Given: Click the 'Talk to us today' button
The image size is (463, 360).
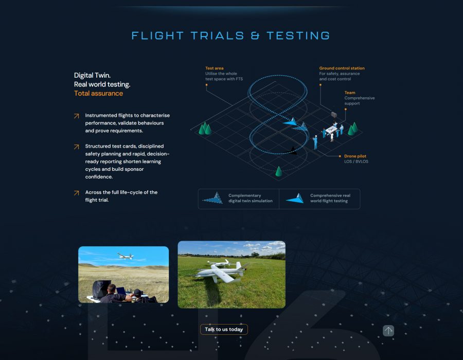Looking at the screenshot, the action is pyautogui.click(x=224, y=329).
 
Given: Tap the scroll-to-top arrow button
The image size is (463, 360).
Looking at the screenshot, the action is pyautogui.click(x=388, y=331).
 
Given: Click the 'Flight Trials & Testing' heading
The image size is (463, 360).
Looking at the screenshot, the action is pyautogui.click(x=230, y=35).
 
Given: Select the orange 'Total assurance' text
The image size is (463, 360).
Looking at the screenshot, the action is pyautogui.click(x=98, y=93).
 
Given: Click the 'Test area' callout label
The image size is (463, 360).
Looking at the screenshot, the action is pyautogui.click(x=215, y=68).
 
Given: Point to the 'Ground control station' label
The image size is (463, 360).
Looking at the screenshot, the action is pyautogui.click(x=342, y=68).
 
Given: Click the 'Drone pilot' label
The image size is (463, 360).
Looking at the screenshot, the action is pyautogui.click(x=355, y=156).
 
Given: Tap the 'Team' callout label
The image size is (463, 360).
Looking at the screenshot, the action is pyautogui.click(x=350, y=93).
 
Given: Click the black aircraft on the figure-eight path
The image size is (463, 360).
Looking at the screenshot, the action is pyautogui.click(x=291, y=151).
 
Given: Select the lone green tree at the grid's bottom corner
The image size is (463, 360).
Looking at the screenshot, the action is pyautogui.click(x=278, y=171).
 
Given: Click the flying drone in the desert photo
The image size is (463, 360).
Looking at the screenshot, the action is pyautogui.click(x=126, y=256).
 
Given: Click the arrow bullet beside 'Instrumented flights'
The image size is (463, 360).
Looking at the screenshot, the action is pyautogui.click(x=77, y=116).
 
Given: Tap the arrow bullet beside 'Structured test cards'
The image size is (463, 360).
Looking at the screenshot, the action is pyautogui.click(x=77, y=147).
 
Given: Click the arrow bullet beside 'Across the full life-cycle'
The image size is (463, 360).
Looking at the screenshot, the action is pyautogui.click(x=77, y=193).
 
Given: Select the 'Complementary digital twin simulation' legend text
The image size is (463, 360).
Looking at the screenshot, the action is pyautogui.click(x=251, y=198).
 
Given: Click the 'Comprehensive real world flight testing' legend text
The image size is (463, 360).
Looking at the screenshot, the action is pyautogui.click(x=330, y=198).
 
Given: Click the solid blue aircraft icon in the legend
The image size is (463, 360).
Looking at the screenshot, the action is pyautogui.click(x=295, y=199).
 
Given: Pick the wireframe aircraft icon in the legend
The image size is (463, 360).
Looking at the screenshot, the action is pyautogui.click(x=212, y=197).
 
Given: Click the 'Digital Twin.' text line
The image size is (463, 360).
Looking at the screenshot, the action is pyautogui.click(x=92, y=75).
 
